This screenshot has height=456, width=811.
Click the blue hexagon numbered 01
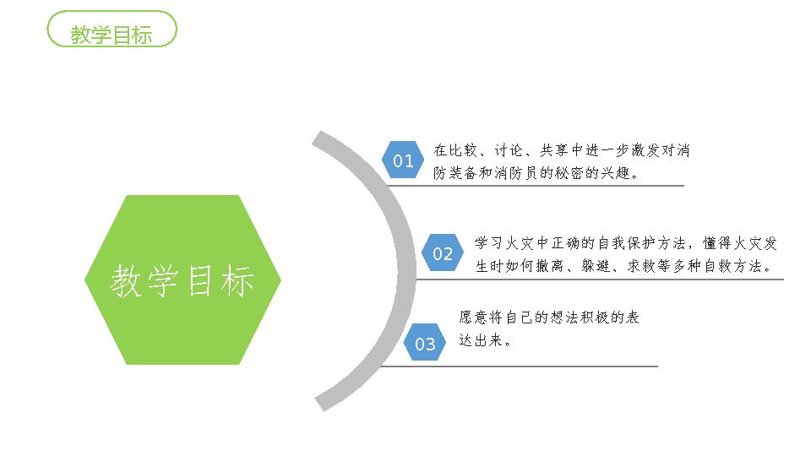[x=403, y=160]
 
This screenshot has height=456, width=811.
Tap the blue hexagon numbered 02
[x=443, y=252]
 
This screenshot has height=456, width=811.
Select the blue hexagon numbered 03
[x=425, y=342]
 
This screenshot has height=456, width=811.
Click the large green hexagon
[x=182, y=280]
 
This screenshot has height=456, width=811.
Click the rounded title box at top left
[x=112, y=29]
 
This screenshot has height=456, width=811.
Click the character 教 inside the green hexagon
[x=126, y=280]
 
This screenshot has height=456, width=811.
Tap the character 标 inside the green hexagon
[x=237, y=280]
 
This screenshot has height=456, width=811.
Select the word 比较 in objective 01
[x=464, y=150]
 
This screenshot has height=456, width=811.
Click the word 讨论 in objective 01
[x=509, y=150]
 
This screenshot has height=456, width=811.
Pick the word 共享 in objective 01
[x=554, y=150]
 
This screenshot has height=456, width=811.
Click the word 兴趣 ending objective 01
[x=616, y=173]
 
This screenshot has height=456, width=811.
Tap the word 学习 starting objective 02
[x=489, y=243]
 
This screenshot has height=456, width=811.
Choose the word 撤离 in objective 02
[x=550, y=266]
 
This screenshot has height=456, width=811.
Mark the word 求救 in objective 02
[x=642, y=266]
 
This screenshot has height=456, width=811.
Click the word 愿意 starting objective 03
[x=473, y=317]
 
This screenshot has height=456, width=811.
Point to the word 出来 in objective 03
[x=489, y=340]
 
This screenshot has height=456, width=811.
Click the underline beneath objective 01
[x=535, y=185]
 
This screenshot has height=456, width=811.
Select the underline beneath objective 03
[x=519, y=366]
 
